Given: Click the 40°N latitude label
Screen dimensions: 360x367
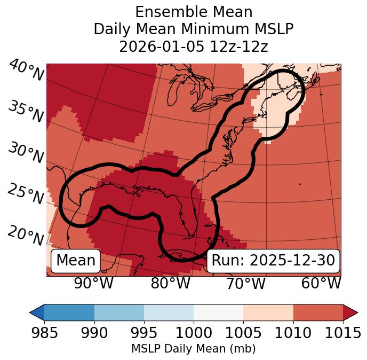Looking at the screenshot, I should pyautogui.click(x=26, y=71).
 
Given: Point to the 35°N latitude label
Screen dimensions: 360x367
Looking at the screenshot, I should pyautogui.click(x=26, y=112).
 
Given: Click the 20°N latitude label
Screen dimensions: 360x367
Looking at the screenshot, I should pyautogui.click(x=26, y=235).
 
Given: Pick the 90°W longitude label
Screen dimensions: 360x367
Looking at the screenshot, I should pyautogui.click(x=94, y=284).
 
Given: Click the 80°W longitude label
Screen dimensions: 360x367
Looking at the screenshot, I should pyautogui.click(x=170, y=284).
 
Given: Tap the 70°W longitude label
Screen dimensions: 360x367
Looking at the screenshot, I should pyautogui.click(x=245, y=284).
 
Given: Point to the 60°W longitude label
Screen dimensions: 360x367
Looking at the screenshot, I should pyautogui.click(x=321, y=284).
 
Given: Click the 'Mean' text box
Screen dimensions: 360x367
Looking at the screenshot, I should pyautogui.click(x=76, y=261).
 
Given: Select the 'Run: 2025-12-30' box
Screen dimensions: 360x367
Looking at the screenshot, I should pyautogui.click(x=273, y=261).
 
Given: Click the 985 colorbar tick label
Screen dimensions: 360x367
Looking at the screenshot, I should pyautogui.click(x=44, y=333).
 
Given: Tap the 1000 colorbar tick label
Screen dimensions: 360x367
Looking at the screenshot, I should pyautogui.click(x=194, y=333).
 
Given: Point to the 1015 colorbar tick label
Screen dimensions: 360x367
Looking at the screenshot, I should pyautogui.click(x=342, y=333).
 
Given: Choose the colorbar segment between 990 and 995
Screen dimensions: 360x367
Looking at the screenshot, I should pyautogui.click(x=119, y=312).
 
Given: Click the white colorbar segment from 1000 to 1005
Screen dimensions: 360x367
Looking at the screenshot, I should pyautogui.click(x=218, y=312).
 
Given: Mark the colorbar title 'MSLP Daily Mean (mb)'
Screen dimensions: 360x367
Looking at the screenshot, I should pyautogui.click(x=193, y=349).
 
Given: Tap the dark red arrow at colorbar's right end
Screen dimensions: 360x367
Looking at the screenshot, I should pyautogui.click(x=350, y=312).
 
